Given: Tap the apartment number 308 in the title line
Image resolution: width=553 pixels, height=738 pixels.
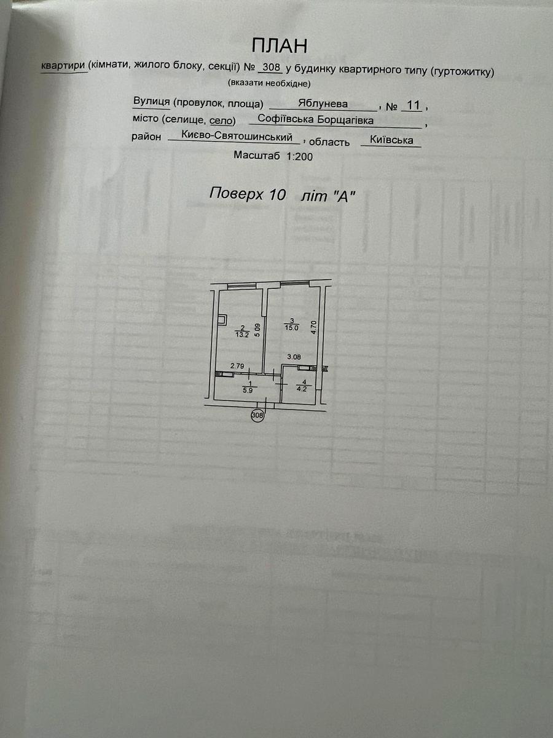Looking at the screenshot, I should pos(271,68).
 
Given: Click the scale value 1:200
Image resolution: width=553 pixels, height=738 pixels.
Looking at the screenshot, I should pos(299,157).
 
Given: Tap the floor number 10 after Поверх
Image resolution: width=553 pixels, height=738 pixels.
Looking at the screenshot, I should pos(277,194).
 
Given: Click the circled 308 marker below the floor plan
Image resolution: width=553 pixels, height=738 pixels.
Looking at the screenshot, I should pos(257,416).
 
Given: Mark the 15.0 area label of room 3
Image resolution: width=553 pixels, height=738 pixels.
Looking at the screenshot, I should pos(292,328).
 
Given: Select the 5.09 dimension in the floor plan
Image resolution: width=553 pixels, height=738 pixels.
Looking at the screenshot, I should pos(259,331).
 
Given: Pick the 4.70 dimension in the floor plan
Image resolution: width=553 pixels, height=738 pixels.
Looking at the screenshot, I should pos(313,327).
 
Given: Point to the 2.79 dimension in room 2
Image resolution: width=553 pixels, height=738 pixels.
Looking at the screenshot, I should pos(237,367).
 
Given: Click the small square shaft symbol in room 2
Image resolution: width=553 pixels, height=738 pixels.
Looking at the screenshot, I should pos(222,319).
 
